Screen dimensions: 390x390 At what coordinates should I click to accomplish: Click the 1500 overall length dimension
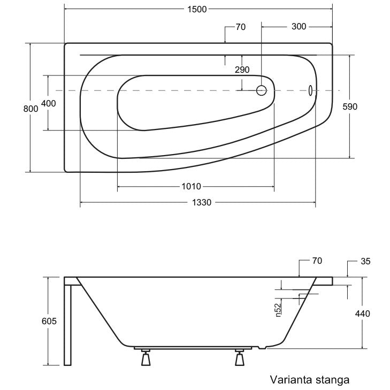click(x=197, y=9)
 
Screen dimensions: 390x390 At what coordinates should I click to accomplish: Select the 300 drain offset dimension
click(x=299, y=26)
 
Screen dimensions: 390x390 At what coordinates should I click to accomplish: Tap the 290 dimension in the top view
click(x=242, y=70)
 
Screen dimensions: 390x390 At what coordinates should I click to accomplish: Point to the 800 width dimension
click(x=30, y=109)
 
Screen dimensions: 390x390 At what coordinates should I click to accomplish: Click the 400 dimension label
click(x=48, y=103)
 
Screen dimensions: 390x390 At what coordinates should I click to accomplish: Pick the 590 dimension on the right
click(x=350, y=106)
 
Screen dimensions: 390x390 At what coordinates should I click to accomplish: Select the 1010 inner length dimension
click(x=191, y=186)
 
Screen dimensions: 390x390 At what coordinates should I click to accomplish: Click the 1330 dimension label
click(x=202, y=202)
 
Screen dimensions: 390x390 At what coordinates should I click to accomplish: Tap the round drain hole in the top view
click(x=262, y=90)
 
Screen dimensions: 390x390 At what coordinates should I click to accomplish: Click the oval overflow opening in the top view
click(x=311, y=90)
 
